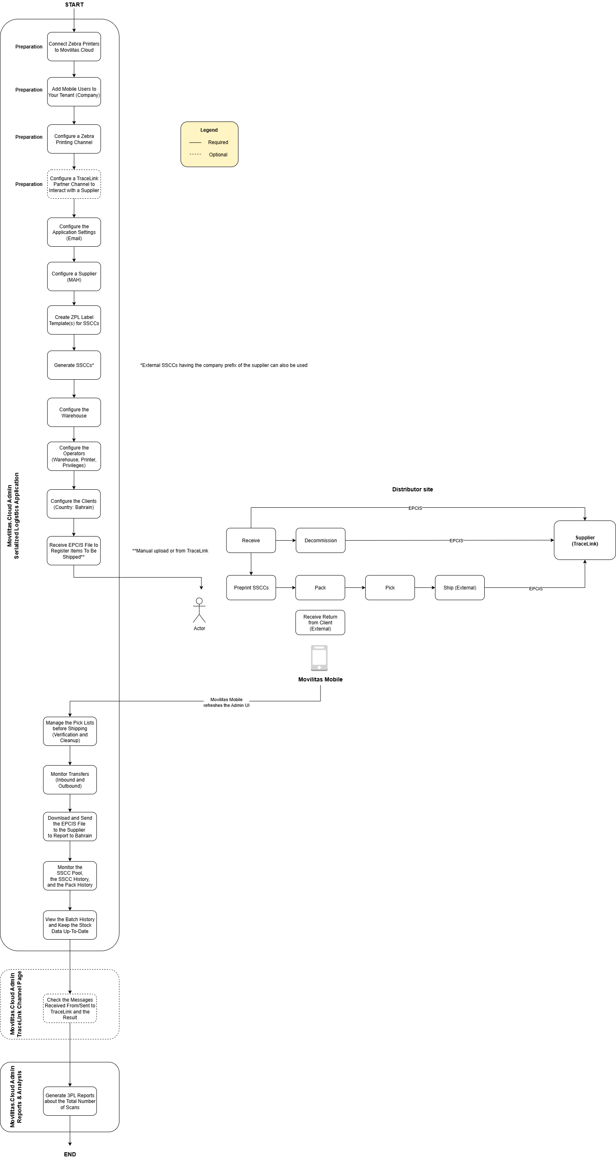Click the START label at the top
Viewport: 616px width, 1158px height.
click(x=74, y=5)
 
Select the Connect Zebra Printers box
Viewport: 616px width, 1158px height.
click(x=74, y=47)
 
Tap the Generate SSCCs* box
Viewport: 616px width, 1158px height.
click(x=74, y=365)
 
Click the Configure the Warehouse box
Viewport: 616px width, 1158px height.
click(x=74, y=412)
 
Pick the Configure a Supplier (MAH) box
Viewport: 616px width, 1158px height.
click(x=74, y=276)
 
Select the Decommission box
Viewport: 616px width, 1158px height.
click(x=321, y=540)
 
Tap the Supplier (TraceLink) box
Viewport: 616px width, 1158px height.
click(x=584, y=540)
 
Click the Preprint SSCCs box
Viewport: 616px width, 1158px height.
click(x=251, y=587)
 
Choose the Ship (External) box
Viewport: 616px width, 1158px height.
click(x=460, y=587)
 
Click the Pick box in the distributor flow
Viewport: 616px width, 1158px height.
click(x=390, y=587)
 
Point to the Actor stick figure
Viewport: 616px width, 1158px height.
click(x=199, y=610)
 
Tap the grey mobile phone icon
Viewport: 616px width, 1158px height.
click(x=319, y=658)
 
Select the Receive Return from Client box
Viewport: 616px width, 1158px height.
click(x=321, y=623)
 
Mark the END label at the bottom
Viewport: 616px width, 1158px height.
click(x=70, y=1154)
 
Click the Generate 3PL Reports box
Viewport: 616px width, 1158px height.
click(x=70, y=1101)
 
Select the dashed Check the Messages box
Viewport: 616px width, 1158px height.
click(x=70, y=1008)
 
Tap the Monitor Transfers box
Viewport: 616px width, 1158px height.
click(x=70, y=780)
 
